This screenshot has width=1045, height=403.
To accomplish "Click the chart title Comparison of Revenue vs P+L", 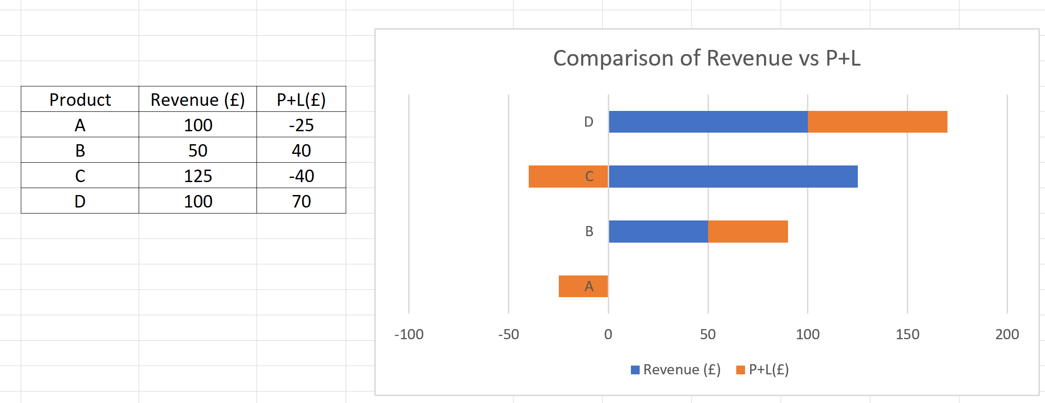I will pos(707,59).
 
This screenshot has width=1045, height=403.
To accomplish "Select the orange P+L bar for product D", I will pos(877,122).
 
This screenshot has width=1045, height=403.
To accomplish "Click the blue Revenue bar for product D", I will pos(708,122).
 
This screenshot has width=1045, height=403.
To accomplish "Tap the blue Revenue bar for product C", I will pos(733,177).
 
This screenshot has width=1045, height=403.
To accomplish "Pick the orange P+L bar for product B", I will pos(748,232).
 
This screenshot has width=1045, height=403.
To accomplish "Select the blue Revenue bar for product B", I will pos(658,232).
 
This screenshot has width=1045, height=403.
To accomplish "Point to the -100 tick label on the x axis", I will pos(409,334).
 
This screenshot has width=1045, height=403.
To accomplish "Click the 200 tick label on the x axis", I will pos(1007,334).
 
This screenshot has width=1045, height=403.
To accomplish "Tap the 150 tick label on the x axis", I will pos(907,334).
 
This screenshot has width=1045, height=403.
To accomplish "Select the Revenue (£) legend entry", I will pos(676,370).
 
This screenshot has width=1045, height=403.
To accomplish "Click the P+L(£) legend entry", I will pos(763,370).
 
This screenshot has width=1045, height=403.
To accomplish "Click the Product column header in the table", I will pos(80,99).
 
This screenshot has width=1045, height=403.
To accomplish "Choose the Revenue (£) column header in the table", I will pos(198,99).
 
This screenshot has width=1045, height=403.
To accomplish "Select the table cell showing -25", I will pos(301,125).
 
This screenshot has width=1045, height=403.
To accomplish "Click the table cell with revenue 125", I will pos(198,176).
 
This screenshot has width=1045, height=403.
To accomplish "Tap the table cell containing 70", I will pos(301,201).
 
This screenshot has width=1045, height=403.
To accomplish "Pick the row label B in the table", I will pos(80,150).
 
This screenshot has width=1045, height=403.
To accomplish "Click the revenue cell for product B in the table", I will pos(198,150).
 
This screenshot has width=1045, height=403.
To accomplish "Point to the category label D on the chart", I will pos(588,122).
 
